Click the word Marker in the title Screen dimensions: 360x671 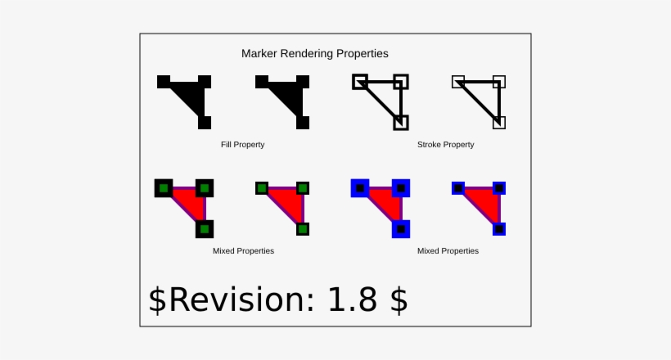pyautogui.click(x=260, y=53)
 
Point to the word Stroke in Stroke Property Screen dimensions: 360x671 pyautogui.click(x=430, y=145)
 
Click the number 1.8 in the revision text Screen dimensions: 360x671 pyautogui.click(x=353, y=300)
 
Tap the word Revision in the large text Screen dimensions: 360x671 pyautogui.click(x=240, y=300)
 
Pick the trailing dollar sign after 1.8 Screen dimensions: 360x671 pyautogui.click(x=399, y=300)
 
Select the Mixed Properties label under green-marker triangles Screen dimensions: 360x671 pyautogui.click(x=243, y=251)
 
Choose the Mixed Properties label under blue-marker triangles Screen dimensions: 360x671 pyautogui.click(x=448, y=251)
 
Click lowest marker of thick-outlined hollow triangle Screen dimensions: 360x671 pyautogui.click(x=400, y=123)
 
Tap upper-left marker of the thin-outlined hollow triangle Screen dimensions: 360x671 pyautogui.click(x=458, y=82)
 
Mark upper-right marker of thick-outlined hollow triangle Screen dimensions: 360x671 pyautogui.click(x=400, y=82)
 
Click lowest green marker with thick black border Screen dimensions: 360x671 pyautogui.click(x=205, y=229)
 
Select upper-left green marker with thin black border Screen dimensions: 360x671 pyautogui.click(x=262, y=188)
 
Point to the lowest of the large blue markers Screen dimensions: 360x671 pyautogui.click(x=401, y=229)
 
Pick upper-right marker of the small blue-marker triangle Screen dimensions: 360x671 pyautogui.click(x=499, y=188)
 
